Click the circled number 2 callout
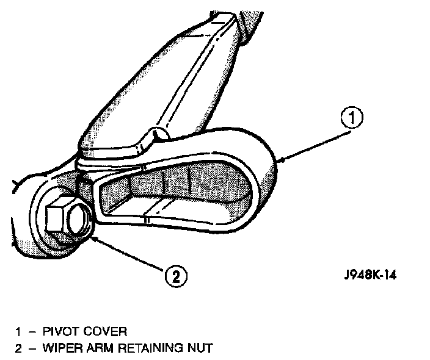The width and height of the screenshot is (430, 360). (x=175, y=276)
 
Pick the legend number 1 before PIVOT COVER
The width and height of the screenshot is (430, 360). (x=19, y=332)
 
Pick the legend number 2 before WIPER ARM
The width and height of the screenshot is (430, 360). (x=19, y=348)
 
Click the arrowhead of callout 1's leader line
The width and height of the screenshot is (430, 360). (x=280, y=160)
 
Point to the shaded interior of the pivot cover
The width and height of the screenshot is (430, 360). (x=177, y=189)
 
